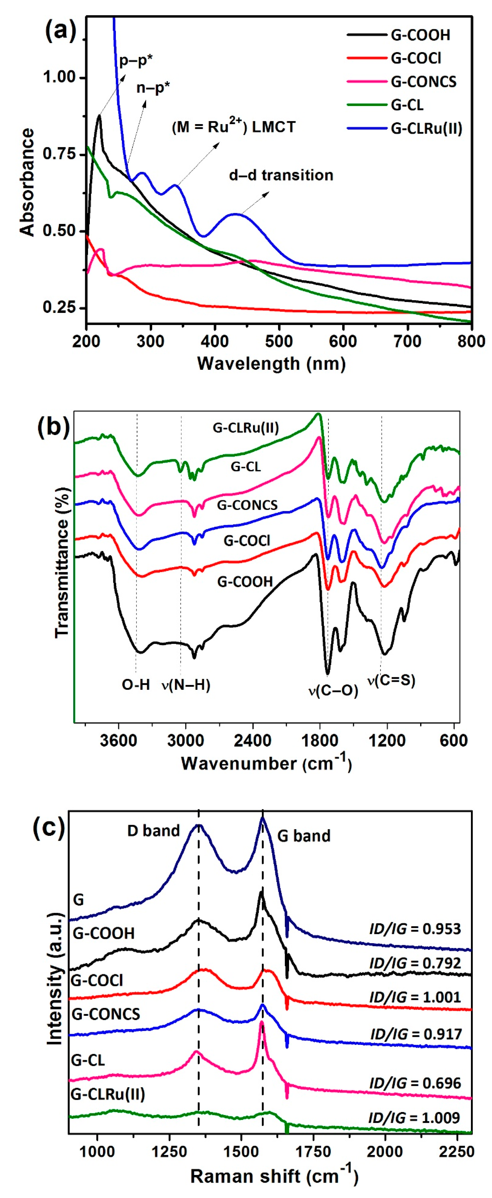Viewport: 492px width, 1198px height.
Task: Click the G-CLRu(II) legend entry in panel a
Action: click(x=426, y=128)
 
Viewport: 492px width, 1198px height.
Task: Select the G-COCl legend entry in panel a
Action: click(x=416, y=58)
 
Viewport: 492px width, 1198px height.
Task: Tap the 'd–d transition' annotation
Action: click(x=281, y=175)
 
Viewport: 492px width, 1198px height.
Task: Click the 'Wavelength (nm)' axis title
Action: click(x=271, y=363)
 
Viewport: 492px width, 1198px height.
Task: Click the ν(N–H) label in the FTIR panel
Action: click(x=186, y=685)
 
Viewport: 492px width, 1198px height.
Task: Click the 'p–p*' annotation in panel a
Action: click(x=136, y=60)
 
